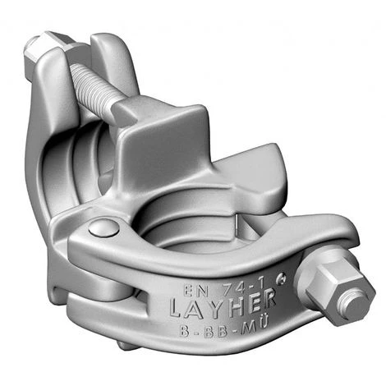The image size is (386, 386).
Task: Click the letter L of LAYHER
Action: click(177, 309)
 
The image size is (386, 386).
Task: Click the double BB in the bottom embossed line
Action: click(216, 330)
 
